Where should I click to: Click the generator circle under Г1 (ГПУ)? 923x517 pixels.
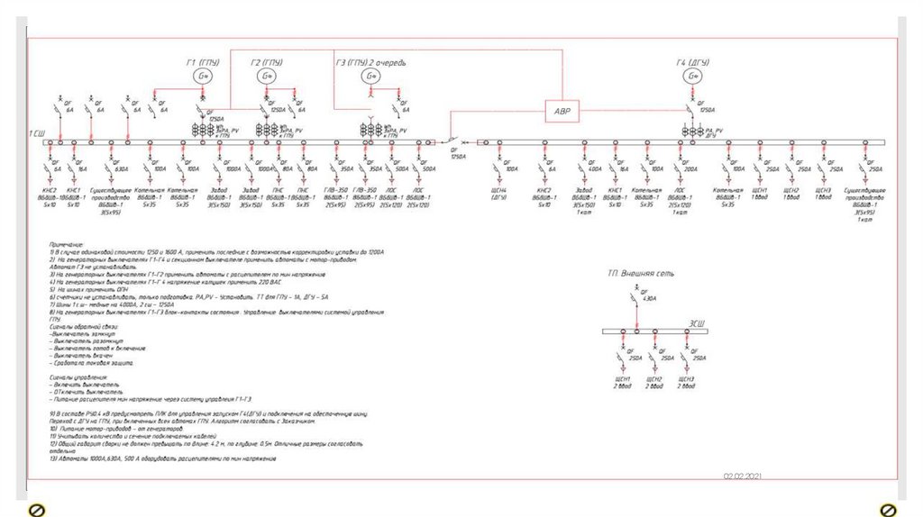[x=204, y=77]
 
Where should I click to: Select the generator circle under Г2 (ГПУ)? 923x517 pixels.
[x=268, y=77]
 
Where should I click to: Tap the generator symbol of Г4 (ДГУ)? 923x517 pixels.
[x=692, y=77]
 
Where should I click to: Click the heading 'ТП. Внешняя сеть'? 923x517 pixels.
[x=641, y=272]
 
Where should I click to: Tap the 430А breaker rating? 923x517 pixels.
[x=650, y=298]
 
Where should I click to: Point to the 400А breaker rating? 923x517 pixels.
[x=595, y=168]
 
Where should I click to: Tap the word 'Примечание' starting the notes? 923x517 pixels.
[x=67, y=244]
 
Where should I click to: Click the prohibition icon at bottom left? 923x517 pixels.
[x=37, y=510]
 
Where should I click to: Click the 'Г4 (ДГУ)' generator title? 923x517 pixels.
[x=693, y=62]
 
